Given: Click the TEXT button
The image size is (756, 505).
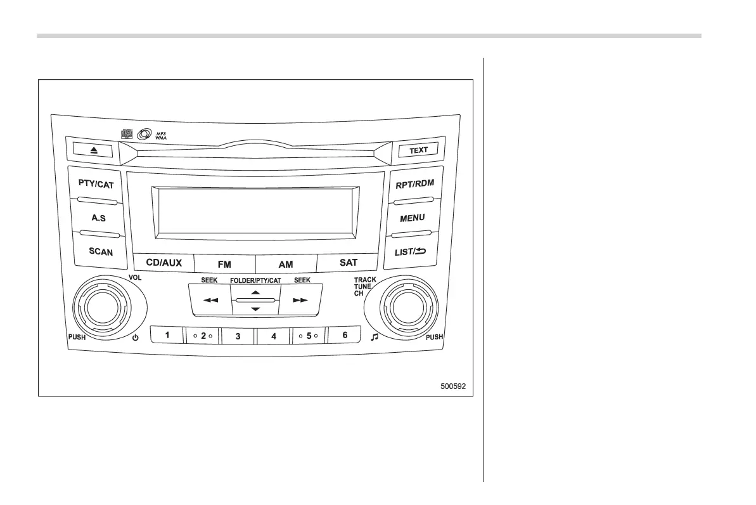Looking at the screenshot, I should point(418,150).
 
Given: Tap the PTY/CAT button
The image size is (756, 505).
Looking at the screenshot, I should point(96,185).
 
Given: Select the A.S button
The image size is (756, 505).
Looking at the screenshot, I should point(98,218).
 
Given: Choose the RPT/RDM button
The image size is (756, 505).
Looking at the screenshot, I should point(414,184).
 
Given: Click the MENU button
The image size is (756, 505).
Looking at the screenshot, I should point(412,218).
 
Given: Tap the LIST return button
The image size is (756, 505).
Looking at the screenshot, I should point(411,251).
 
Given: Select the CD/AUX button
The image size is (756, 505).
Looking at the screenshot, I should point(163,262).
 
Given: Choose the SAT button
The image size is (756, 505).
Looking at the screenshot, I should point(348,262).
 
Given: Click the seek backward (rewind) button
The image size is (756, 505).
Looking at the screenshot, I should point(210,300).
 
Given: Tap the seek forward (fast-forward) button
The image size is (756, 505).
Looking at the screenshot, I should point(300,300).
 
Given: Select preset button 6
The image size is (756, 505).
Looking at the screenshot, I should point(345,334).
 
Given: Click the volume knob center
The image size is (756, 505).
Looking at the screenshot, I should point(101,308).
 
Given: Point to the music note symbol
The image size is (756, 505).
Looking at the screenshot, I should point(374,337).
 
